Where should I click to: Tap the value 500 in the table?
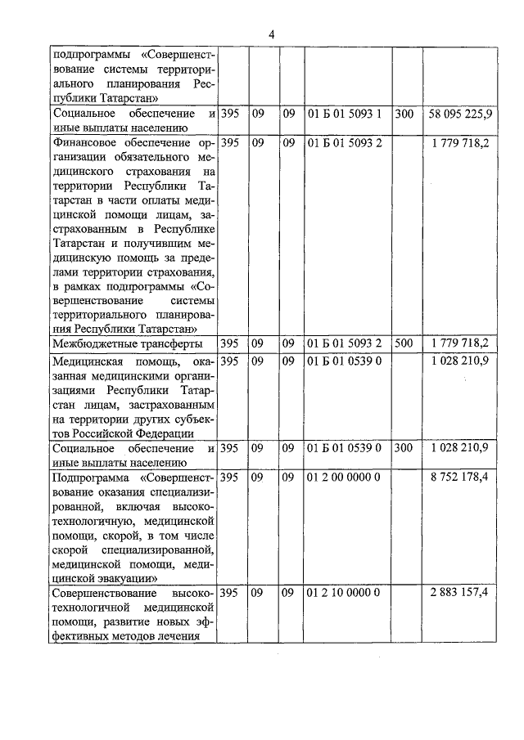403,343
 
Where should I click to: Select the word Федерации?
167,433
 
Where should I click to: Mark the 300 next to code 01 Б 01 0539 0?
403,448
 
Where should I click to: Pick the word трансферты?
174,343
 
